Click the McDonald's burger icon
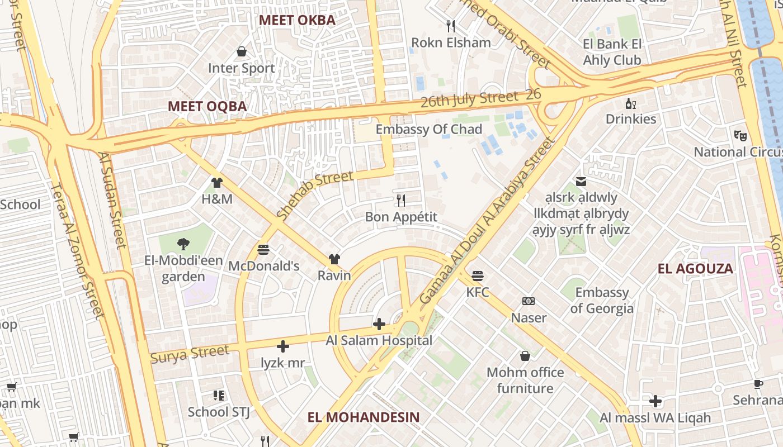[x=263, y=249]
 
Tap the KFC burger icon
[x=477, y=275]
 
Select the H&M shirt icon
[x=217, y=182]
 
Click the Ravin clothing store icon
[x=334, y=259]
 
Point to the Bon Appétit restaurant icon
[x=400, y=200]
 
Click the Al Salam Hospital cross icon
[x=379, y=324]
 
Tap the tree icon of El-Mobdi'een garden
[x=183, y=244]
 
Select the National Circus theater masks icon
[x=740, y=135]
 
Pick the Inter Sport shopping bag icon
[x=242, y=51]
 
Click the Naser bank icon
[x=528, y=301]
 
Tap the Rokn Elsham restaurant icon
[x=451, y=26]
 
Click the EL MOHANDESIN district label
[x=364, y=417]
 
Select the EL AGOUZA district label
[x=695, y=269]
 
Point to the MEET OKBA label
[x=297, y=21]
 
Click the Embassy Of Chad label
[x=428, y=129]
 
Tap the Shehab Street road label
[x=315, y=194]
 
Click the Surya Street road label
[x=190, y=354]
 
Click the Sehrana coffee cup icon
[x=758, y=384]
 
